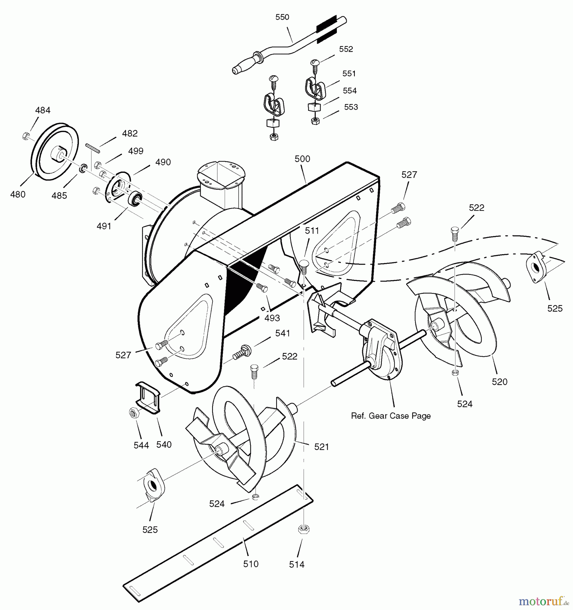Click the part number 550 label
[282, 17]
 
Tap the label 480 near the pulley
[18, 195]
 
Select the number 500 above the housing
[302, 159]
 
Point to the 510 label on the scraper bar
[251, 564]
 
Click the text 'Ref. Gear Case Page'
[391, 416]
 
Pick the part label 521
[322, 447]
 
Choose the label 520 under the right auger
[500, 382]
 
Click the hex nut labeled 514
[304, 529]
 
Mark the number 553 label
[351, 107]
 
